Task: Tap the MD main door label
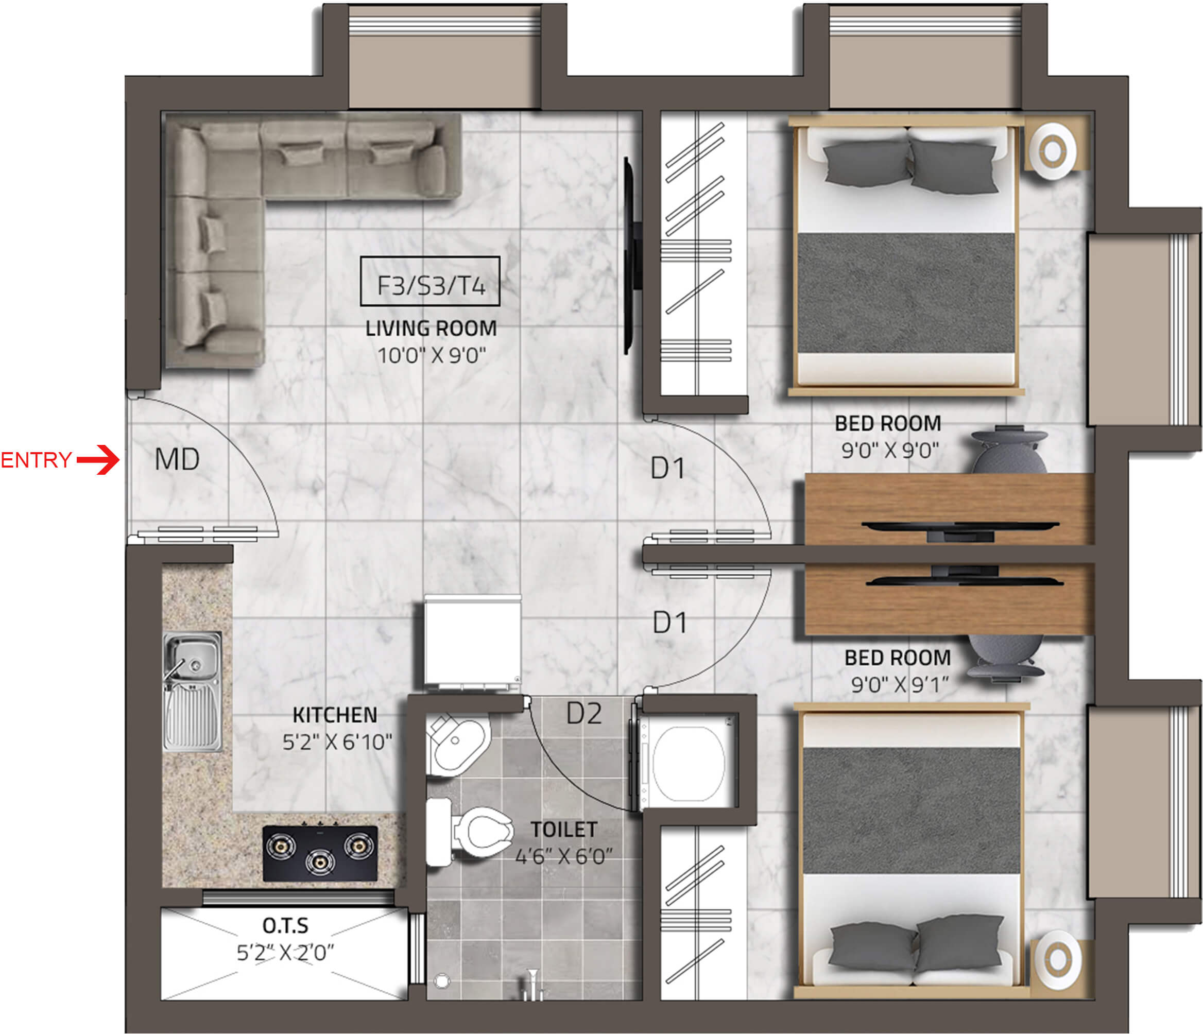(x=177, y=459)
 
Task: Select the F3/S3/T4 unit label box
(x=430, y=281)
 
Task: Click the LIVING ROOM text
(x=431, y=329)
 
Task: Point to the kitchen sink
(x=192, y=692)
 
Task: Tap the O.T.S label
(x=285, y=925)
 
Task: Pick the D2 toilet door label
(x=584, y=714)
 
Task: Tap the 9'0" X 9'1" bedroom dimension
(x=899, y=684)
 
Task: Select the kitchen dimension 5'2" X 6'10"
(x=337, y=742)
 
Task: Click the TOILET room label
(x=563, y=830)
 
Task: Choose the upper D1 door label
(x=668, y=468)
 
